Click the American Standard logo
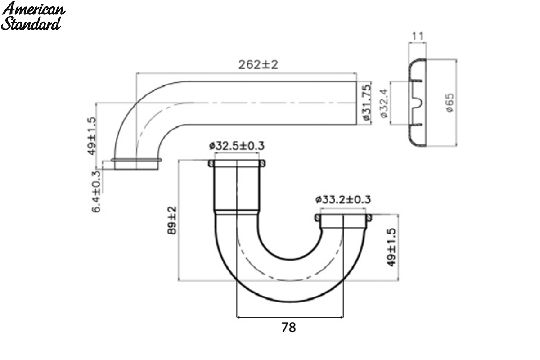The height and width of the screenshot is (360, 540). (x=33, y=16)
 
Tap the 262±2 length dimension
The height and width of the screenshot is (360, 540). (x=258, y=65)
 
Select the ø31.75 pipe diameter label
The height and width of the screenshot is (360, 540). (x=366, y=102)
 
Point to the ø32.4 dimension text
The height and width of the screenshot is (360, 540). (x=384, y=103)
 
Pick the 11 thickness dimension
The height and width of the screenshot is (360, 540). (x=418, y=36)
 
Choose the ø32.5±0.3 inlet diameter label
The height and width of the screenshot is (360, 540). (x=237, y=146)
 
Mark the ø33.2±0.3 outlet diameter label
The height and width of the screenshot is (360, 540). (x=343, y=200)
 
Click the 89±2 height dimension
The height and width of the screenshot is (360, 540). (x=172, y=220)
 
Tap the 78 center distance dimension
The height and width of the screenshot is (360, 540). (x=288, y=328)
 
